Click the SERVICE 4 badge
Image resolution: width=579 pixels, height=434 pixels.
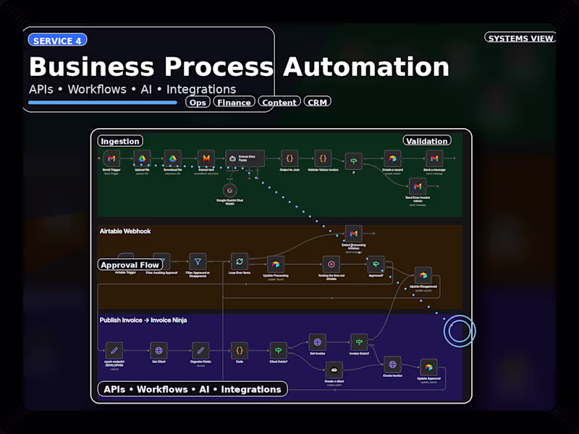(57, 41)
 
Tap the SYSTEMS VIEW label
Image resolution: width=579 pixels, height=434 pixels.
(520, 38)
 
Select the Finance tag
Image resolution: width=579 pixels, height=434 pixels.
(234, 102)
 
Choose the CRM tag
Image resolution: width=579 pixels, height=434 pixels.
(317, 102)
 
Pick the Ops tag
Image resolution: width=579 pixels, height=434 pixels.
(198, 102)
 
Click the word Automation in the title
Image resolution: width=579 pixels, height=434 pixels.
(365, 67)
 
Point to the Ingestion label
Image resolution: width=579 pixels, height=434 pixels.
(120, 141)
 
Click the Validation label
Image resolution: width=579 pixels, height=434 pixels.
(427, 141)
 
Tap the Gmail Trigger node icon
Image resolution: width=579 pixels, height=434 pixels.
(111, 158)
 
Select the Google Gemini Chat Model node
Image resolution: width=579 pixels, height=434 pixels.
(231, 191)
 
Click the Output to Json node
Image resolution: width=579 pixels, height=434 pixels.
(289, 158)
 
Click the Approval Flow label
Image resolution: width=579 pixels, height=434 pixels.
(130, 265)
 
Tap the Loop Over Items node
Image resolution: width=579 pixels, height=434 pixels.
(239, 261)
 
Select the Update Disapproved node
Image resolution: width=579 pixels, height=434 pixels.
(423, 275)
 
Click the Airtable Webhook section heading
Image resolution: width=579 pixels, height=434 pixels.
(125, 231)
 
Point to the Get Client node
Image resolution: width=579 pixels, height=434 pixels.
(159, 350)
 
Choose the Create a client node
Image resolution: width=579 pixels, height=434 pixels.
(334, 370)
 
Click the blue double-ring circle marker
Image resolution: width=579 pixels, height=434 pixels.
(459, 331)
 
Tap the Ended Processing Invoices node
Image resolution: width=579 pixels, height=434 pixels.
(353, 234)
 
